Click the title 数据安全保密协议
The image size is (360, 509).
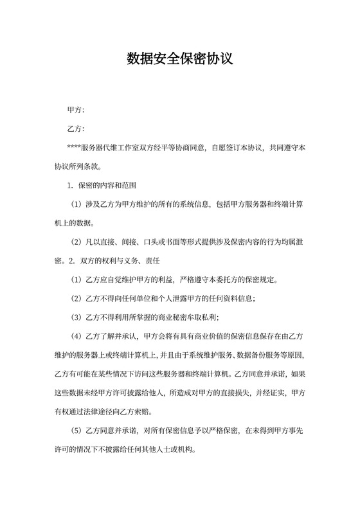[x=179, y=60]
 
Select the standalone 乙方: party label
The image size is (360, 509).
[x=76, y=129]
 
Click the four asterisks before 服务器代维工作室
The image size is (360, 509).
[x=74, y=148]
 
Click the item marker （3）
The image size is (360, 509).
[x=75, y=317]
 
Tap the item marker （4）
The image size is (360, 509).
[x=75, y=335]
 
